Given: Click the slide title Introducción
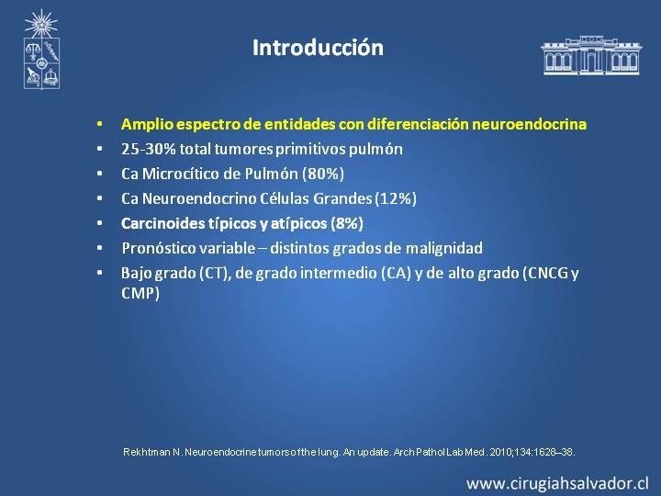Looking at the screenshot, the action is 318,48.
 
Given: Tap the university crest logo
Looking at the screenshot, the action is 41,50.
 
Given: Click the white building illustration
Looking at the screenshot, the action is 591,55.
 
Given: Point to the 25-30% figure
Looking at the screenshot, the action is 149,149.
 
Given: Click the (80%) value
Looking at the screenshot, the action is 323,174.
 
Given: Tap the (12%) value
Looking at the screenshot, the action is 396,198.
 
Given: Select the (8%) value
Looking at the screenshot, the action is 347,223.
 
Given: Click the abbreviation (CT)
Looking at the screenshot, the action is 215,274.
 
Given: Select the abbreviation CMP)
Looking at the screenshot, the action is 140,293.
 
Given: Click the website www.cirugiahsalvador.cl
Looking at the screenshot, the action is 558,483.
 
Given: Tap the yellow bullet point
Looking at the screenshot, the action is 99,124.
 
